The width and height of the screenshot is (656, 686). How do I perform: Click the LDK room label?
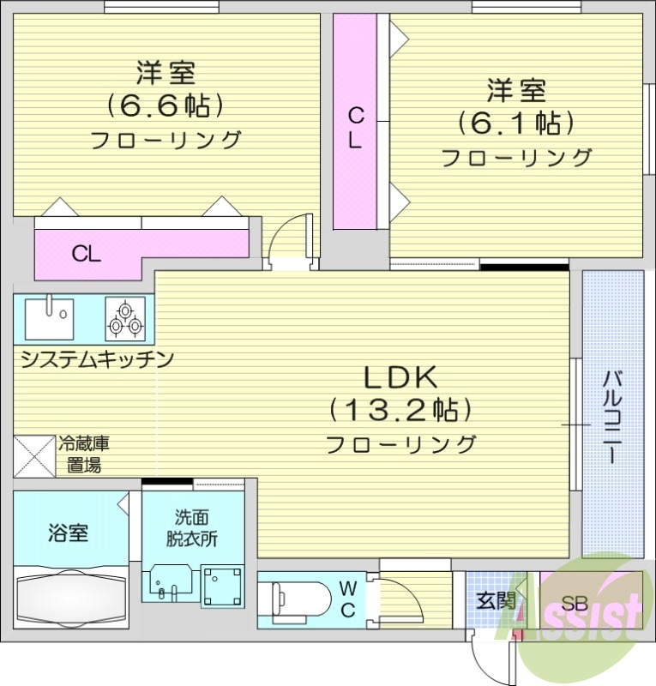[x=401, y=377]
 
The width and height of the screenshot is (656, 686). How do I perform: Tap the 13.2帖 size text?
[x=401, y=410]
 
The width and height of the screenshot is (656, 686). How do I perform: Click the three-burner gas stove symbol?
[x=125, y=318]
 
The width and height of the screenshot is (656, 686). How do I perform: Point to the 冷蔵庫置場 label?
[x=83, y=454]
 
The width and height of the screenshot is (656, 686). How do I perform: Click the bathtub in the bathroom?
[x=72, y=601]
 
